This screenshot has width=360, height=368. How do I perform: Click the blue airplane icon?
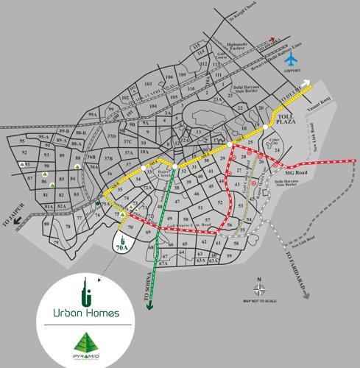point(293,58)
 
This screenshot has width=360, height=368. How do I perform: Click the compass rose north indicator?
point(260,289)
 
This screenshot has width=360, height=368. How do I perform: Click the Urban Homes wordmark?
point(86,314)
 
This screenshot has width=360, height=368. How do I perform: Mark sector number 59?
point(229,255)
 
